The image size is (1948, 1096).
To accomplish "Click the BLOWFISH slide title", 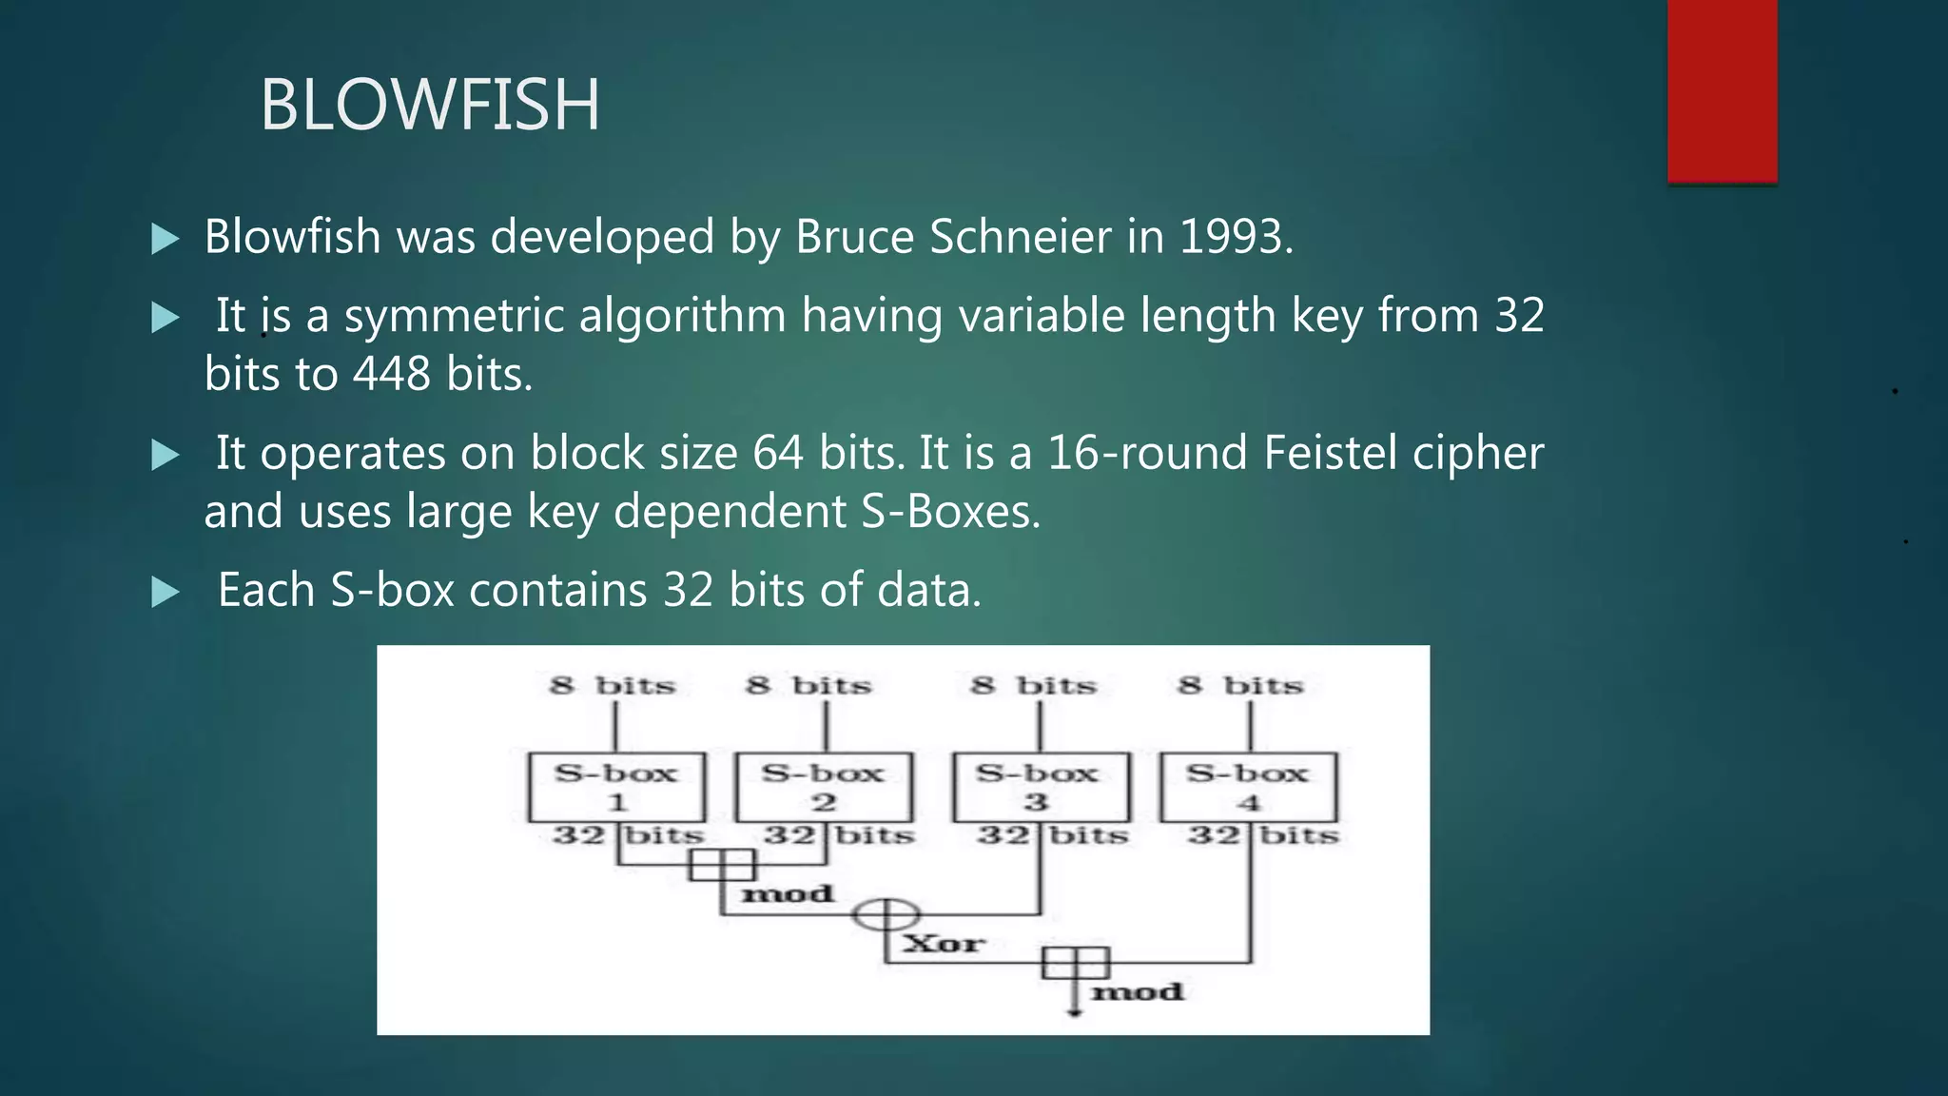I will (430, 105).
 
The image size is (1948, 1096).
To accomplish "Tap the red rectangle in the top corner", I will (1722, 90).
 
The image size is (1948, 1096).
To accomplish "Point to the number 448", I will (392, 374).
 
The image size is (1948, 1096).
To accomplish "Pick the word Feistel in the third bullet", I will (1330, 453).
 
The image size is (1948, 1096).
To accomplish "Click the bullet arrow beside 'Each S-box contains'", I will (166, 592).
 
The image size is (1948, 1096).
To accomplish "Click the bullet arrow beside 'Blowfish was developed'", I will (166, 238).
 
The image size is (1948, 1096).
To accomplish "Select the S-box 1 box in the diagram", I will (616, 787).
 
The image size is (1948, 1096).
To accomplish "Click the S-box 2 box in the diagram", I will (824, 787).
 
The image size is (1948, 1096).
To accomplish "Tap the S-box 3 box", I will (1041, 787).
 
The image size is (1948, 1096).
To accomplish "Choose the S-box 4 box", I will (1248, 787).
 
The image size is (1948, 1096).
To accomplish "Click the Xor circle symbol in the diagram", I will (886, 915).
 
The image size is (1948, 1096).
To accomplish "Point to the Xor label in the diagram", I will (944, 944).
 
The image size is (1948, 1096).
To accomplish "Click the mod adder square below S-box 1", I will (722, 865).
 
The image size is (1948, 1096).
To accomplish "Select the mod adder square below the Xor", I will (1075, 963).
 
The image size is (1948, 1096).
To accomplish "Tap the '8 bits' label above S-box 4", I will (1240, 686).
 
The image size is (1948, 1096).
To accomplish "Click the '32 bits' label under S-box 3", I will (1052, 836).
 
